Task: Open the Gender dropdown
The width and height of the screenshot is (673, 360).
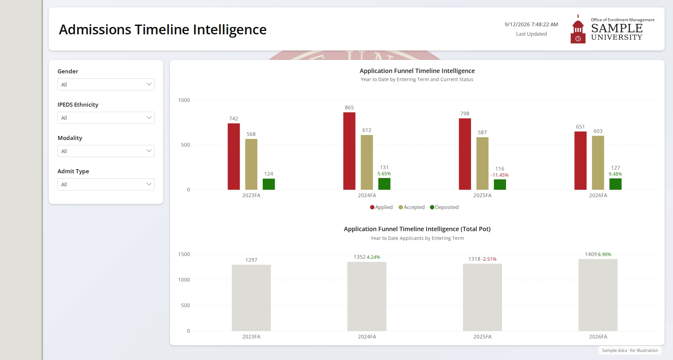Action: (106, 84)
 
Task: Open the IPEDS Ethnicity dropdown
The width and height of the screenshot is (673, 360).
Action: (106, 118)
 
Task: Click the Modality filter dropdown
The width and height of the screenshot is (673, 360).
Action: (106, 151)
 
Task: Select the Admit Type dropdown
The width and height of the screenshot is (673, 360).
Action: (106, 184)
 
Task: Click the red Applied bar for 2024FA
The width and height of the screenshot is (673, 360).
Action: (349, 151)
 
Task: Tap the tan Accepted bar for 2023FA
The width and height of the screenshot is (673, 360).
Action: (251, 164)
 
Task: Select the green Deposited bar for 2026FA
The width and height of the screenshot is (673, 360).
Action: (615, 184)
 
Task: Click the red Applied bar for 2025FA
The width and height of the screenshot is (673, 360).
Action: (465, 154)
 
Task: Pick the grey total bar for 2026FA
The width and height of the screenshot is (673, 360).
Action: (598, 295)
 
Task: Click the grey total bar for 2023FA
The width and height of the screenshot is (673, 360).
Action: (251, 298)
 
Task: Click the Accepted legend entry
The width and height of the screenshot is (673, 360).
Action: (412, 207)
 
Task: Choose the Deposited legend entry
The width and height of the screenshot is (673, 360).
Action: (444, 207)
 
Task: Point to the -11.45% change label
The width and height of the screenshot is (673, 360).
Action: (500, 175)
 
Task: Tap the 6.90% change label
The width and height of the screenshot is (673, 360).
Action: (604, 254)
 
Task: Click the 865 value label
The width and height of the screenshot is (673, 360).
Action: (349, 108)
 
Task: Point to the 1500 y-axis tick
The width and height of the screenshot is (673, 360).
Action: (184, 254)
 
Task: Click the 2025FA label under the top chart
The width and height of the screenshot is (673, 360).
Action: (482, 195)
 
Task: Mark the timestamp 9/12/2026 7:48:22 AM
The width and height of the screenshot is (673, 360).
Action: (531, 25)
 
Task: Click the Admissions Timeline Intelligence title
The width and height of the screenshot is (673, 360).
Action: (163, 30)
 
